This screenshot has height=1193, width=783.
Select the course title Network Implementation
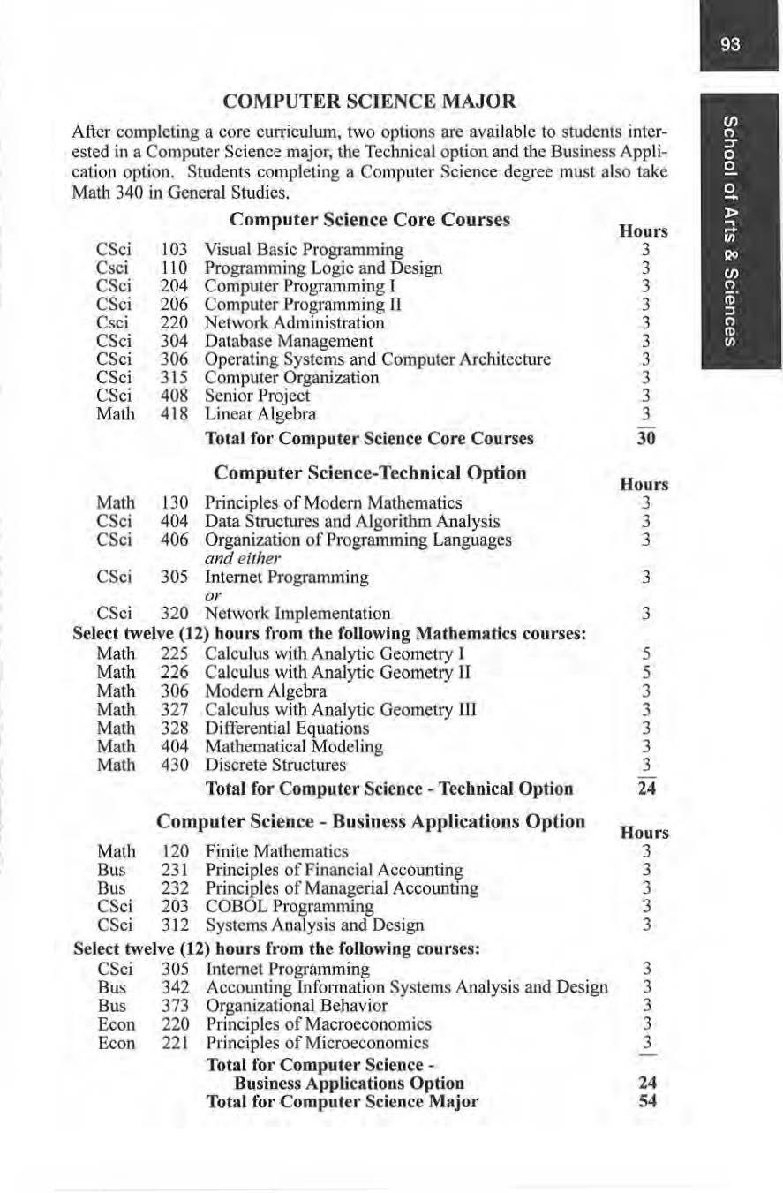coord(297,613)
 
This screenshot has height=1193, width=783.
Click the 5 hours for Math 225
coord(647,654)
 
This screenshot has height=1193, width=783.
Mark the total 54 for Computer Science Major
coord(647,1101)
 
